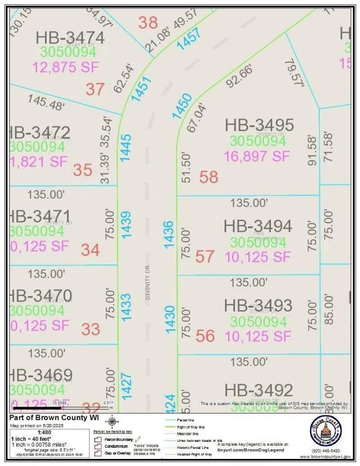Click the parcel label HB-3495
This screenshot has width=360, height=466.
259,125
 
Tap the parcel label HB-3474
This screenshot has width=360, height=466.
70,38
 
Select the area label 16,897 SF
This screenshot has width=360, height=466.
257,156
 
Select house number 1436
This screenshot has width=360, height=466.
168,234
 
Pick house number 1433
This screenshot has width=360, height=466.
126,307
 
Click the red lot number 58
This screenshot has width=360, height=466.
208,177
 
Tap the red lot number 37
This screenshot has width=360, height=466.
95,89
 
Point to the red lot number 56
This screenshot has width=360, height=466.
205,336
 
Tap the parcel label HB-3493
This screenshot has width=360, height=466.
258,305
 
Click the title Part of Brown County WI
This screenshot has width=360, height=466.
54,417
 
